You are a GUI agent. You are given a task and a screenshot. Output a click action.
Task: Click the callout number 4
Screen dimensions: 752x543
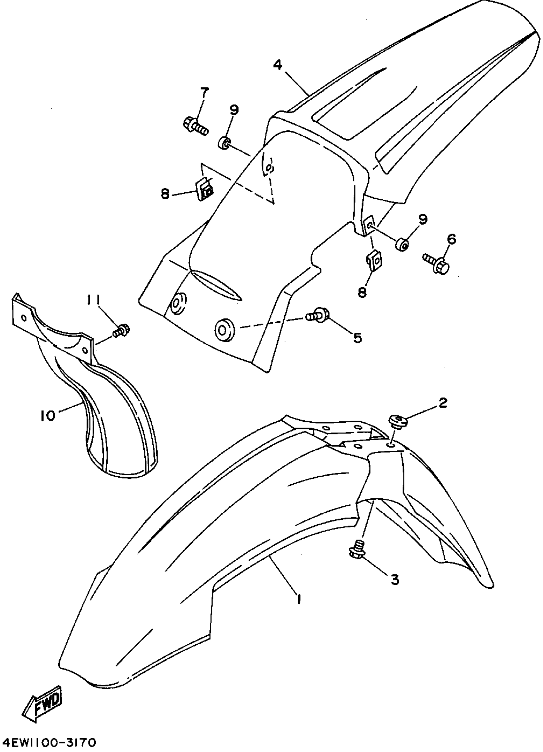278,65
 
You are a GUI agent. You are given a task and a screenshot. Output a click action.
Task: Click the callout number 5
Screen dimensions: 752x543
358,338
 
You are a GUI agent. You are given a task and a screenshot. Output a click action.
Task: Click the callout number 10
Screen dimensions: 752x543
49,416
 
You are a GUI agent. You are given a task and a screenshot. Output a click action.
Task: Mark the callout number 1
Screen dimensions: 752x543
299,599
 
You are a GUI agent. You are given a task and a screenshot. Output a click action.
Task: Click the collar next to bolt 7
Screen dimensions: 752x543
225,142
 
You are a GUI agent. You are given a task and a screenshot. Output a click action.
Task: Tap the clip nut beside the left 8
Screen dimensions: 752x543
205,190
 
